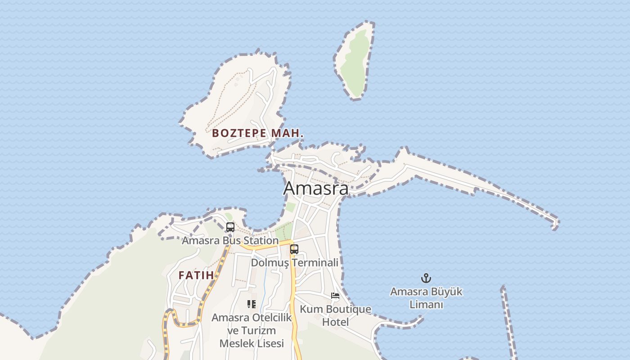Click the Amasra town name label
coord(315,188)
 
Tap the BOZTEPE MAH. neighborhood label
coord(258,133)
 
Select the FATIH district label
coord(196,275)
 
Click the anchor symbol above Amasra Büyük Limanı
coord(426,278)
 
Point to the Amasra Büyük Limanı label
coord(426,298)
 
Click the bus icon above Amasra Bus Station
coord(230,227)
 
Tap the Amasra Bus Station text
coord(230,240)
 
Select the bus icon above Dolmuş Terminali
coord(294,249)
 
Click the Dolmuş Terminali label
coord(294,262)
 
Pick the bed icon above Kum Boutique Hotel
coord(335,296)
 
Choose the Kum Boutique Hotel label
coord(336,315)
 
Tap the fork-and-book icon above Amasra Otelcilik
coord(252,304)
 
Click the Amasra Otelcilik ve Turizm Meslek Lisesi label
coord(252,331)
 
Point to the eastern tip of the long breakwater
coord(556,223)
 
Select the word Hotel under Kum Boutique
coord(336,322)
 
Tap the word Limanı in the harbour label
coord(426,305)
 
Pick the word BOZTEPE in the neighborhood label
coord(240,133)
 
